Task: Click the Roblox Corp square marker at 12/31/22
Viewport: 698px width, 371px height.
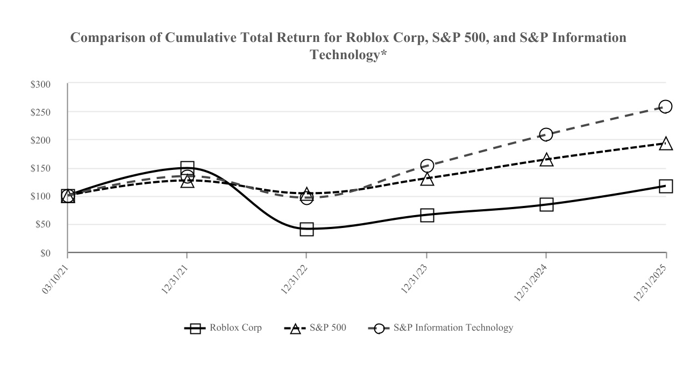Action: pos(307,230)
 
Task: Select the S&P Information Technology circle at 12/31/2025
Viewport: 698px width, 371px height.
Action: pos(665,106)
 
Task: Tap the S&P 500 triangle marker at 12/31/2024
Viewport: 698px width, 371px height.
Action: pos(546,160)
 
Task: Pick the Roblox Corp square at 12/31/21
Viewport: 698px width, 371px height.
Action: pos(187,168)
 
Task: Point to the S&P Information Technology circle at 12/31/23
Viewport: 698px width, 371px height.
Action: pos(427,166)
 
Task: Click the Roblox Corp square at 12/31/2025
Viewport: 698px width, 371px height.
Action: pos(666,187)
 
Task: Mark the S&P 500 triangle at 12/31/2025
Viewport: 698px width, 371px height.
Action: pos(666,144)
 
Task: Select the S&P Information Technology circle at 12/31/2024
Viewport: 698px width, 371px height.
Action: pos(546,134)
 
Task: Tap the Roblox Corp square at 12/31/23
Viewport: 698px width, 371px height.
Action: pos(427,216)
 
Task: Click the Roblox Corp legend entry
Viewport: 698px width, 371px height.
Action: pos(223,328)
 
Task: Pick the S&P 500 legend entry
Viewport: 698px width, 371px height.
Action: pos(315,328)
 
